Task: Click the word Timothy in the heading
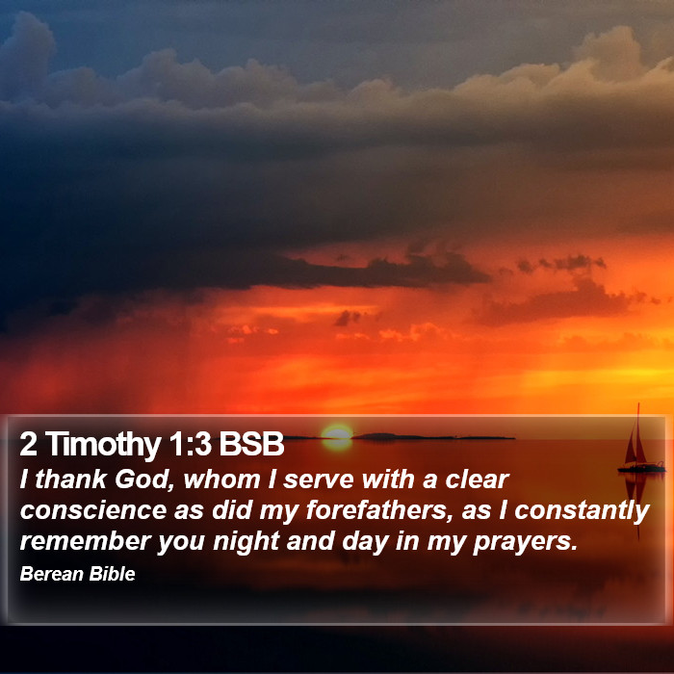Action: point(103,445)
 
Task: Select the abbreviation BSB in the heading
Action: point(251,444)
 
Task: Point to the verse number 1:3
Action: point(190,444)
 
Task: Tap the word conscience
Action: point(93,510)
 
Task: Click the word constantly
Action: point(582,511)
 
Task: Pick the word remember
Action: point(86,541)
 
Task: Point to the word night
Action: point(246,541)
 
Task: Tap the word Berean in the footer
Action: point(52,574)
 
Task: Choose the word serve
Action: point(319,480)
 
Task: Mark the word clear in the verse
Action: point(478,480)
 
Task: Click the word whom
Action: point(221,480)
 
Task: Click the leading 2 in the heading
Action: point(28,444)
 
